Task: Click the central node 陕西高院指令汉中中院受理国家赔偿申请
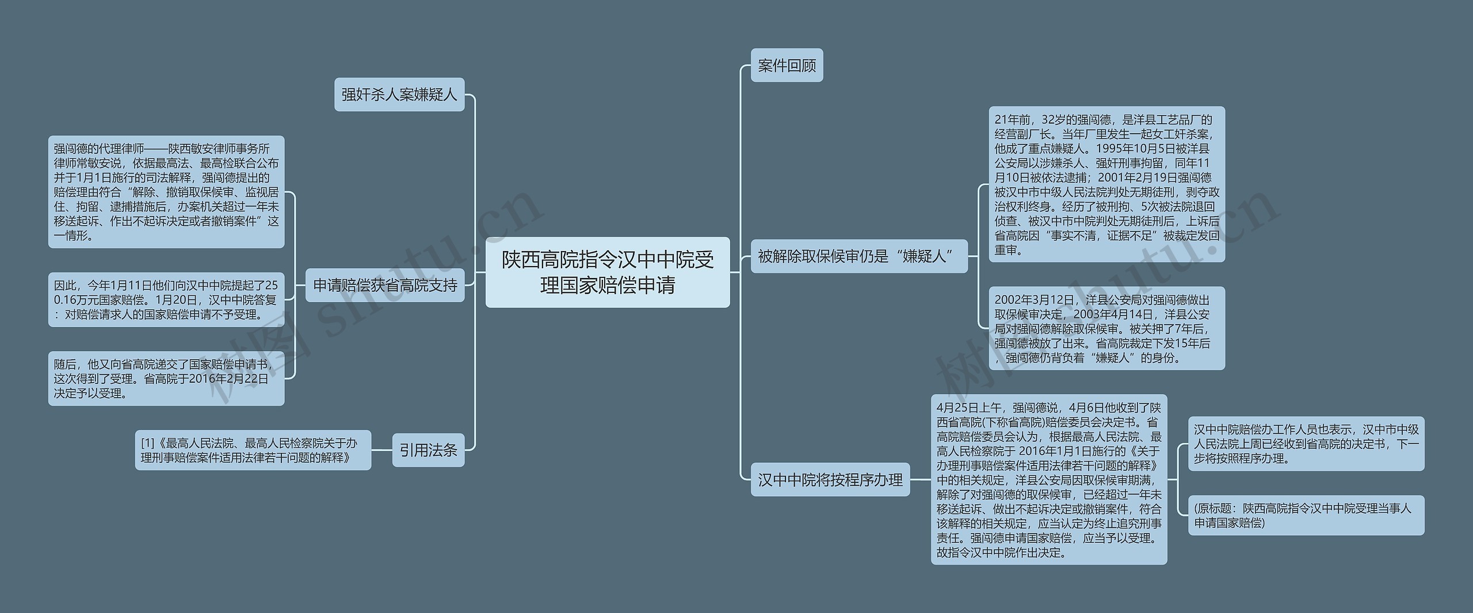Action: (x=607, y=272)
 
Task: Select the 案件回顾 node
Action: (x=787, y=66)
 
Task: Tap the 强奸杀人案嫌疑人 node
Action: (x=399, y=94)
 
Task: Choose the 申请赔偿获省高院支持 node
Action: (x=385, y=285)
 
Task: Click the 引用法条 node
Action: (x=428, y=450)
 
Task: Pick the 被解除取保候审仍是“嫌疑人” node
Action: (x=858, y=256)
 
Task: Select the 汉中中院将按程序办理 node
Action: (x=830, y=479)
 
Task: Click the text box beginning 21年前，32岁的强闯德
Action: (x=1106, y=184)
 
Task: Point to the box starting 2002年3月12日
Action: (x=1106, y=328)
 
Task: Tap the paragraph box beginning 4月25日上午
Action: (x=1049, y=479)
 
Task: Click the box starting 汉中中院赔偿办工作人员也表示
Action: (x=1306, y=444)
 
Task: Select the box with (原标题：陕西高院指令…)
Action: (x=1306, y=515)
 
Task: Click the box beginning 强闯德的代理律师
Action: (x=166, y=192)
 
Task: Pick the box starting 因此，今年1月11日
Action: (x=166, y=299)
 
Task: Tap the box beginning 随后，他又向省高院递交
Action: (x=166, y=379)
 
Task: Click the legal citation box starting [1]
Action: (x=253, y=450)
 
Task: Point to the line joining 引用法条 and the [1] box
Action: (x=382, y=450)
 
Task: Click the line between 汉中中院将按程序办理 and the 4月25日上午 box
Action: (x=921, y=479)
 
